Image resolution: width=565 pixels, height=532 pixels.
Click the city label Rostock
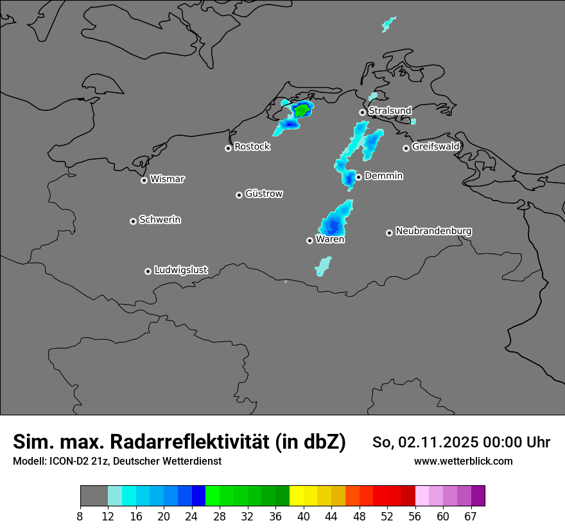(x=252, y=147)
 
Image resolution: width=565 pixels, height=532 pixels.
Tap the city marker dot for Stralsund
(x=362, y=112)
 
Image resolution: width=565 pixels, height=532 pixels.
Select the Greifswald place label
(x=435, y=147)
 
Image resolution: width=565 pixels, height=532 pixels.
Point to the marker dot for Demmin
(x=358, y=177)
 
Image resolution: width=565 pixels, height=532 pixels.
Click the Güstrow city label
(x=263, y=194)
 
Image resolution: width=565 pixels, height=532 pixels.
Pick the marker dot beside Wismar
(x=144, y=180)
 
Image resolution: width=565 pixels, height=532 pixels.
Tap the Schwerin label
(x=160, y=220)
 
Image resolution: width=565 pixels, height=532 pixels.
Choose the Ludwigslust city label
(x=180, y=270)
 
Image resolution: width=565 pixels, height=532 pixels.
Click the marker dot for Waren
(x=309, y=240)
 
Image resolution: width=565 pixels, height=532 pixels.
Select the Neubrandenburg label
(x=433, y=231)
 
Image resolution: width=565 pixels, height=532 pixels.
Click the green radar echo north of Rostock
(x=300, y=111)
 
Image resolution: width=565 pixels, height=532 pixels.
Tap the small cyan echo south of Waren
(x=323, y=265)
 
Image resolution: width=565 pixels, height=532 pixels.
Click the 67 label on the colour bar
(x=471, y=516)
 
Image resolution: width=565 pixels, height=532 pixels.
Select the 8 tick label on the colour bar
(x=80, y=516)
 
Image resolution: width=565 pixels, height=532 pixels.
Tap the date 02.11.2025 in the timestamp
(x=438, y=442)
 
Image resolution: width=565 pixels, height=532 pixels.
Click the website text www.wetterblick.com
(x=463, y=461)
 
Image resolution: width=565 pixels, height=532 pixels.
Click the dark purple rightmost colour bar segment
(x=478, y=496)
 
